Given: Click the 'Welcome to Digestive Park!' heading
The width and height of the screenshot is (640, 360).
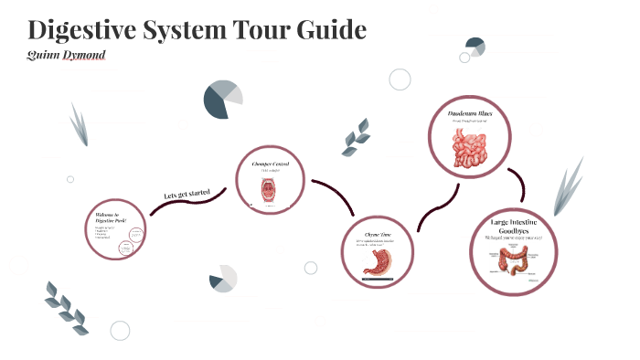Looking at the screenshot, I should point(107,219).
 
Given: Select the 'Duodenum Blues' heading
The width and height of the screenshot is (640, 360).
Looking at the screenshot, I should point(471,113).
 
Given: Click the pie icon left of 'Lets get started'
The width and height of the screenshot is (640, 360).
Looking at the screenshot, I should point(223,100).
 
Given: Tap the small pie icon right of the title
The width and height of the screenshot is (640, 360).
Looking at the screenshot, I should point(475,46).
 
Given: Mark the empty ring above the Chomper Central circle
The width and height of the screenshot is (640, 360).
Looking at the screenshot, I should point(400,79).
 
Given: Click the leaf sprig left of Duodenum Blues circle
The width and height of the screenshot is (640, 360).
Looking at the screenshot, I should point(356,137).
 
